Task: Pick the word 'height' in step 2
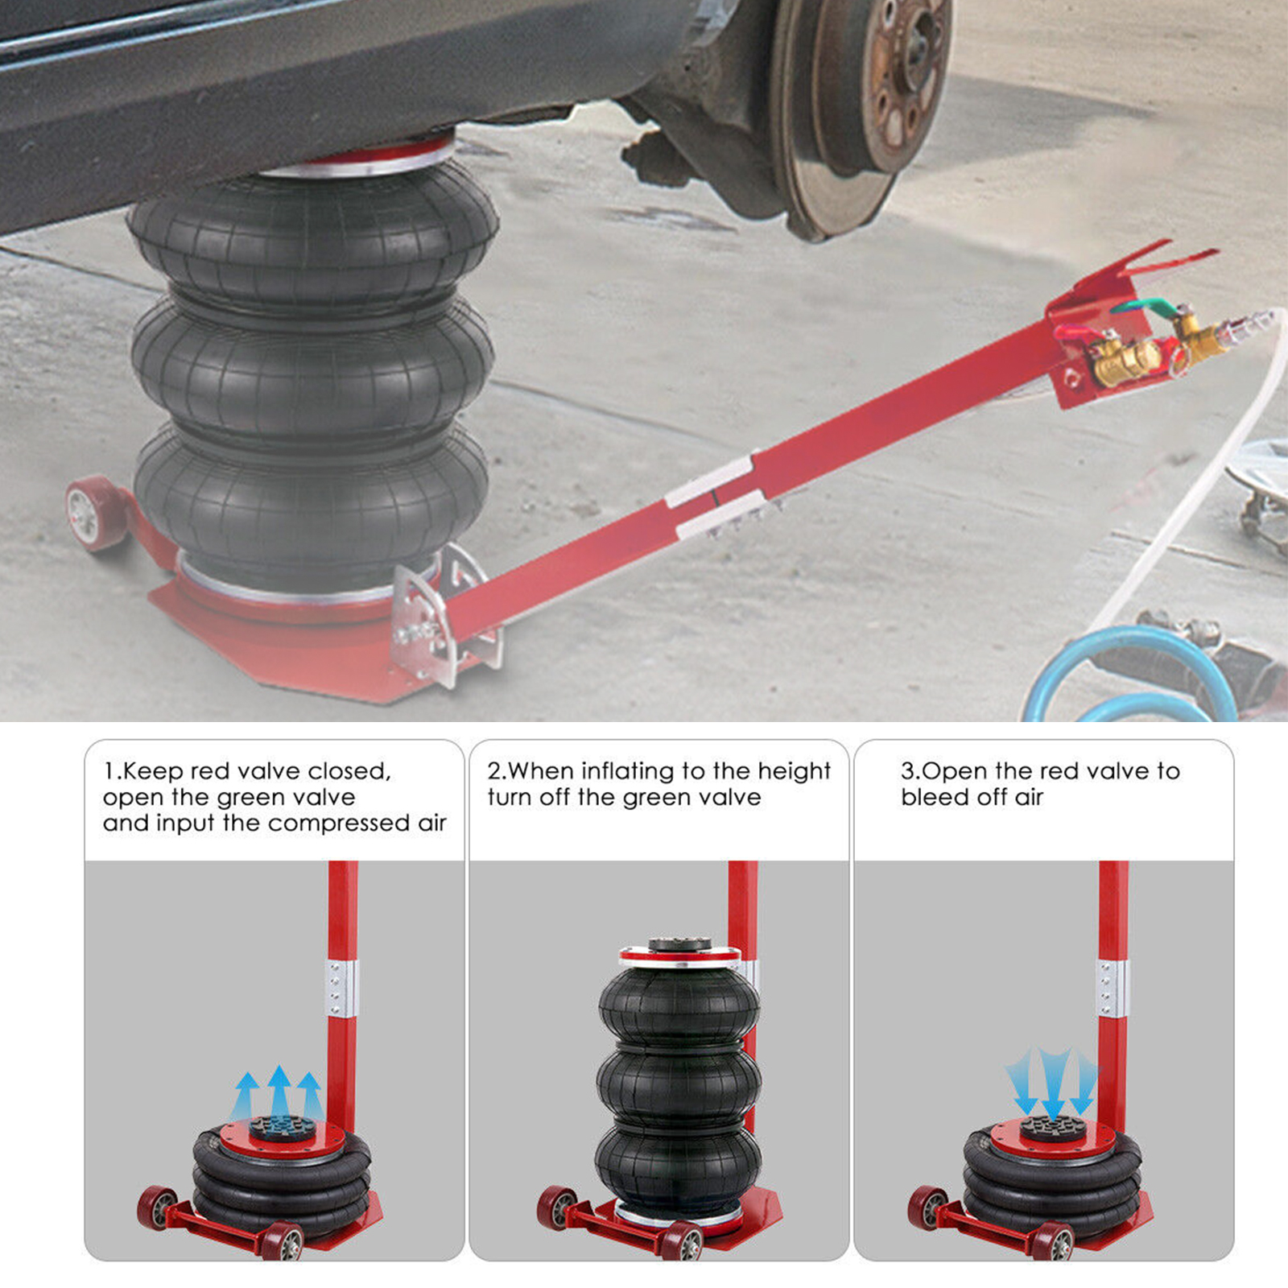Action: click(x=794, y=772)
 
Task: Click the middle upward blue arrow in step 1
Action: click(x=279, y=1092)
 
